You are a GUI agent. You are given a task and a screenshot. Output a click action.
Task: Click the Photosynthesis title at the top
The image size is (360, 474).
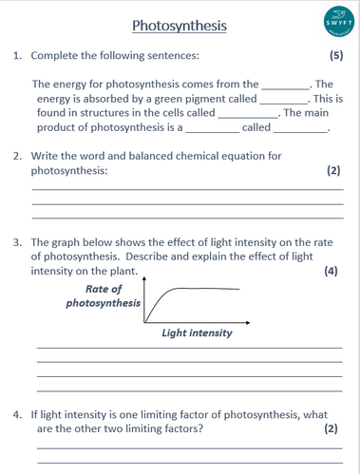[x=180, y=26]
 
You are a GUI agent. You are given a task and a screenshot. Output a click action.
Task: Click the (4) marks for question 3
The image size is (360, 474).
[x=331, y=272]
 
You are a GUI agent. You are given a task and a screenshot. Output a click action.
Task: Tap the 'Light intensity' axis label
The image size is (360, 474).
[x=197, y=333]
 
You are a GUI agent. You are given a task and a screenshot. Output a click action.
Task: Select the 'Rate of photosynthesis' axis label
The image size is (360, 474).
[x=104, y=296]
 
